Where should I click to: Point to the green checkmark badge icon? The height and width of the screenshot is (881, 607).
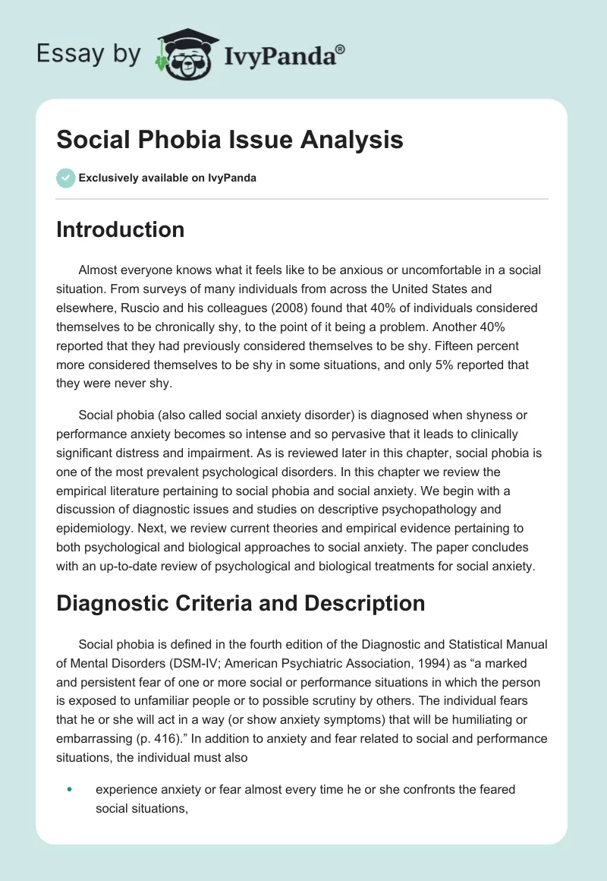pos(65,178)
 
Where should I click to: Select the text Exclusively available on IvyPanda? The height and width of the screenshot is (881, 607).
pos(168,178)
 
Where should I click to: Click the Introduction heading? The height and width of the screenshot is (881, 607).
pos(120,229)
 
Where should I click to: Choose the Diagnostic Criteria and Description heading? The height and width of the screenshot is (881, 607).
pos(240,604)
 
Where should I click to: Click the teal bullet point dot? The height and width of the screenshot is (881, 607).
pos(69,789)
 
